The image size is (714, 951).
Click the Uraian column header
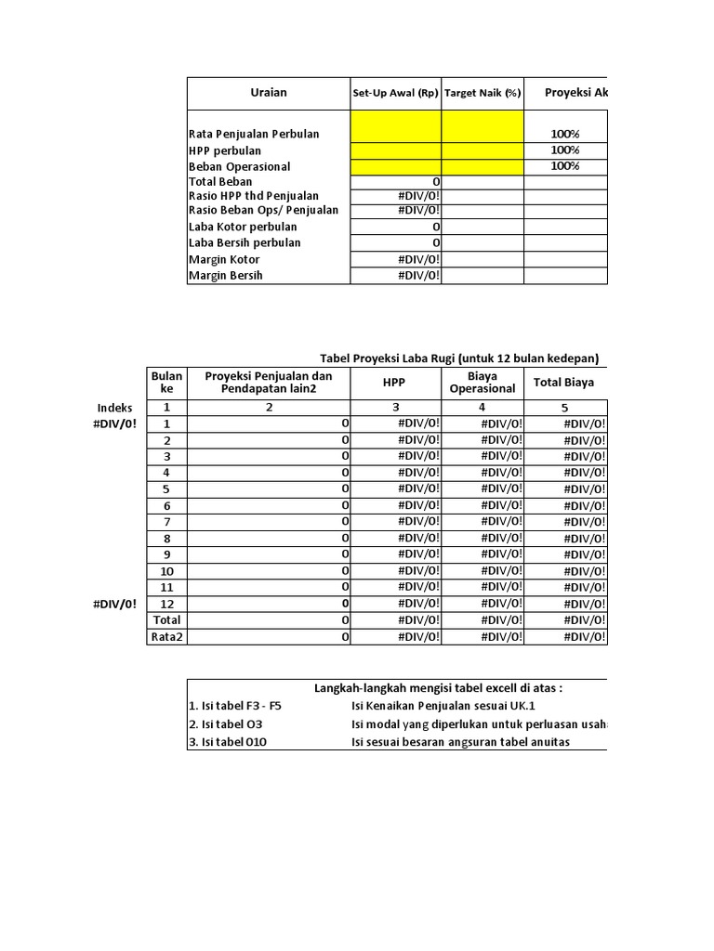click(x=269, y=93)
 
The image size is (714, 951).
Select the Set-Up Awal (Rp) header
click(x=395, y=94)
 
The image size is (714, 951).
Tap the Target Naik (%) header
click(x=483, y=94)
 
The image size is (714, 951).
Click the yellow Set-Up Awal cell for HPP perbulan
click(x=395, y=150)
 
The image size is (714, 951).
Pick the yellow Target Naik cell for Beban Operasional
click(x=483, y=166)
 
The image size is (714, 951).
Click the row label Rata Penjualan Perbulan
click(x=254, y=135)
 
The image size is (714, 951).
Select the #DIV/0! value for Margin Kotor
click(x=419, y=260)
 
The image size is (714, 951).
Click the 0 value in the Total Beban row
click(x=436, y=182)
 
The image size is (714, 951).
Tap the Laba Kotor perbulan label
click(x=244, y=228)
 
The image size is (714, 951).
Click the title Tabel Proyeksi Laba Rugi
click(x=459, y=358)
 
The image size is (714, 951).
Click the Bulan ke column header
click(x=166, y=382)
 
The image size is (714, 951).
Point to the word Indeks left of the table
click(x=114, y=408)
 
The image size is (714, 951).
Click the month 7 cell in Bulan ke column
click(x=166, y=522)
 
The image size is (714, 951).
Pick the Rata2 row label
click(x=166, y=636)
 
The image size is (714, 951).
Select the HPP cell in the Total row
click(x=419, y=619)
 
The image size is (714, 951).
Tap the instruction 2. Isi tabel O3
click(x=231, y=723)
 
